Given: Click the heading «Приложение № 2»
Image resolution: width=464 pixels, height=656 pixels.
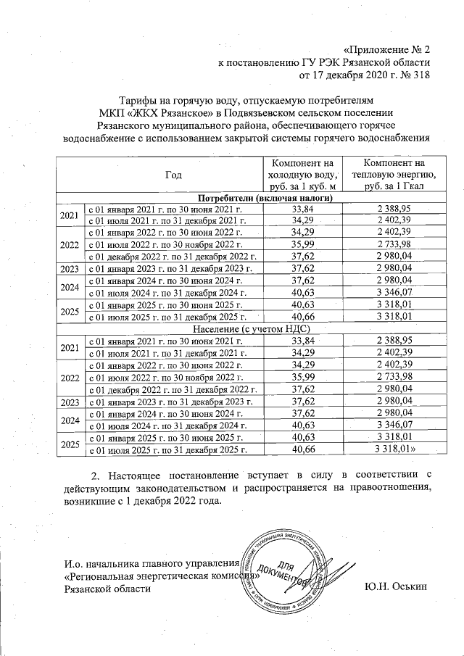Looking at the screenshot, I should click(x=385, y=50).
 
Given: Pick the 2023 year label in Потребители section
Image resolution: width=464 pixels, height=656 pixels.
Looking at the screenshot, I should click(x=70, y=269).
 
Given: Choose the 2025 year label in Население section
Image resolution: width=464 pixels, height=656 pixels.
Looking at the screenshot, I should click(x=70, y=444).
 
